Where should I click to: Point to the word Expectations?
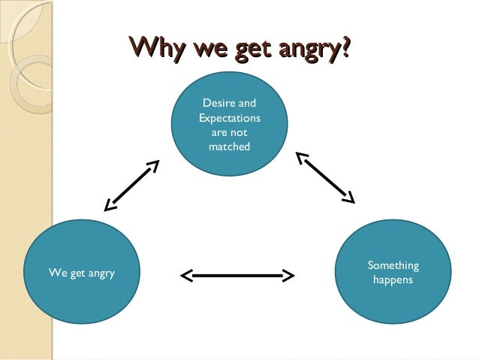pyautogui.click(x=229, y=118)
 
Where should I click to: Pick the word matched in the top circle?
pyautogui.click(x=229, y=147)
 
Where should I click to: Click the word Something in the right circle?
pyautogui.click(x=393, y=265)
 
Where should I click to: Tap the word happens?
pyautogui.click(x=393, y=280)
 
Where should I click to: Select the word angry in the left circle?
pyautogui.click(x=98, y=273)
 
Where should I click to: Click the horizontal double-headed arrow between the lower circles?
pyautogui.click(x=237, y=276)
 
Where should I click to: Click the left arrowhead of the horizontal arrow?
pyautogui.click(x=186, y=276)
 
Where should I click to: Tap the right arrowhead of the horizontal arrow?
pyautogui.click(x=288, y=276)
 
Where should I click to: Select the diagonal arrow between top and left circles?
pyautogui.click(x=132, y=184)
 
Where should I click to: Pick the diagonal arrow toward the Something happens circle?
pyautogui.click(x=324, y=177)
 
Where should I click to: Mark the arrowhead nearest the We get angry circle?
pyautogui.click(x=110, y=204)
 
